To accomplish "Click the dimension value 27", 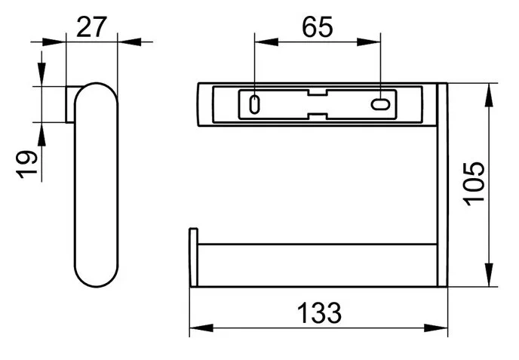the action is [92, 27].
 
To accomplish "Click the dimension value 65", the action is [317, 27].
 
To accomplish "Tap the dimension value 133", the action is [319, 313].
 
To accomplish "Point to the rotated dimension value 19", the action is [26, 165].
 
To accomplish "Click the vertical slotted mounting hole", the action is [254, 105].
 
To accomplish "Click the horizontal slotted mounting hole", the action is [380, 104].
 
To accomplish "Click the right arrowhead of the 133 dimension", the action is [435, 328].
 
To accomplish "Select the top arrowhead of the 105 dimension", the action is [489, 95].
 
